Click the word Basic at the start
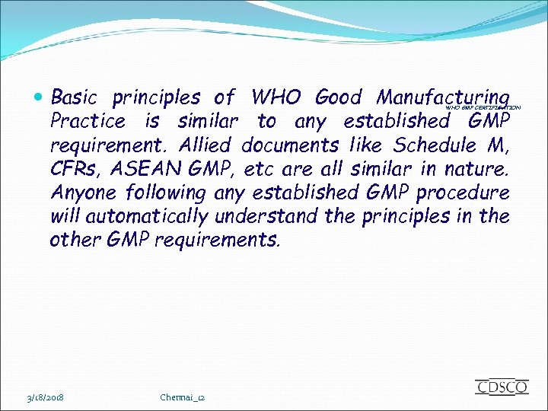[75, 98]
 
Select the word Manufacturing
[441, 98]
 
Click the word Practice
[87, 122]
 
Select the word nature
[481, 169]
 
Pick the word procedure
[463, 193]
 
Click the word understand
[267, 216]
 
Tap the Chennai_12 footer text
[183, 397]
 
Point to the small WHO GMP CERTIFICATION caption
[482, 109]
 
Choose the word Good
[338, 98]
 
